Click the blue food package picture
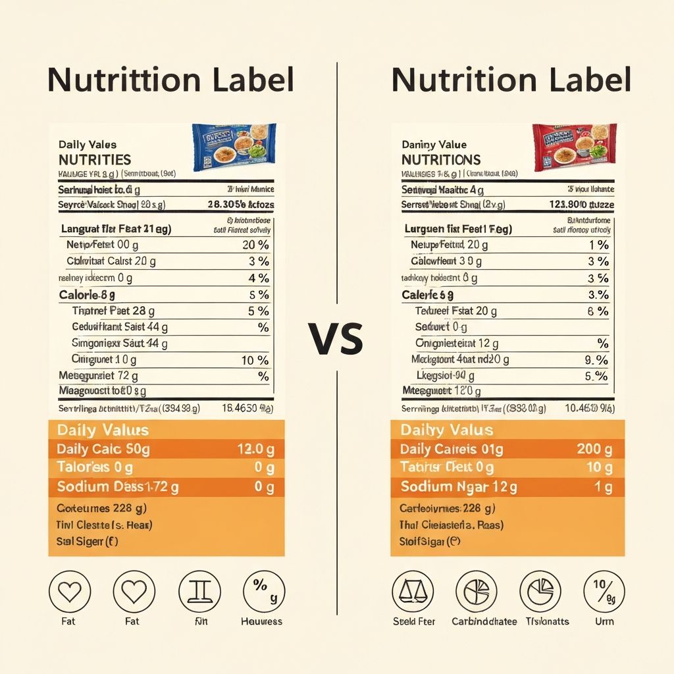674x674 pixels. [x=234, y=147]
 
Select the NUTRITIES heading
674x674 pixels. [x=95, y=160]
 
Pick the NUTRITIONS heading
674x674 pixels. [x=441, y=160]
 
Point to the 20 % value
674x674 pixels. [x=255, y=245]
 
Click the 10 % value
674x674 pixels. [x=255, y=360]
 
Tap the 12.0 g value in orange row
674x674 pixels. [x=255, y=450]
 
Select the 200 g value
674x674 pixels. [x=594, y=450]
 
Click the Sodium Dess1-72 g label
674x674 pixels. [x=118, y=487]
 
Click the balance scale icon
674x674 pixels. [x=413, y=591]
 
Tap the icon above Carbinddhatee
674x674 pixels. [x=476, y=591]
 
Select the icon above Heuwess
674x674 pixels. [x=264, y=591]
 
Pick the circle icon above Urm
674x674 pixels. [x=604, y=591]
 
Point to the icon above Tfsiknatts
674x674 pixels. [x=540, y=591]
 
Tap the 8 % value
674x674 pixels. [x=598, y=311]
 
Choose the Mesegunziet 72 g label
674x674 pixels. [x=98, y=376]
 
